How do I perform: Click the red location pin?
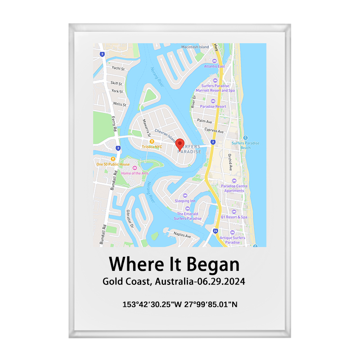[x=180, y=144]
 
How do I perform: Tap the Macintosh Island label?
[x=195, y=47]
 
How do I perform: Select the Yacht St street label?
[x=117, y=68]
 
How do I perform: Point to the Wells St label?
[x=119, y=104]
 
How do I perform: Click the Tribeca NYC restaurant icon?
[x=152, y=141]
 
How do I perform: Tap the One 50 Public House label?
[x=112, y=164]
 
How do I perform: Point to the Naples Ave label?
[x=182, y=235]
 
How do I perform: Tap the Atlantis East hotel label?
[x=214, y=66]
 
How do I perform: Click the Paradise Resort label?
[x=213, y=107]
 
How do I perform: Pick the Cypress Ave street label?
[x=214, y=130]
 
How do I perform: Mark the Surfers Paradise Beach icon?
[x=245, y=138]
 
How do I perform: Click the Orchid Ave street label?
[x=229, y=162]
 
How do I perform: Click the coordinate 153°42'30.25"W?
[x=152, y=305]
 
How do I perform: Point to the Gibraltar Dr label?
[x=130, y=218]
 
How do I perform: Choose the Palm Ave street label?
[x=204, y=121]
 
